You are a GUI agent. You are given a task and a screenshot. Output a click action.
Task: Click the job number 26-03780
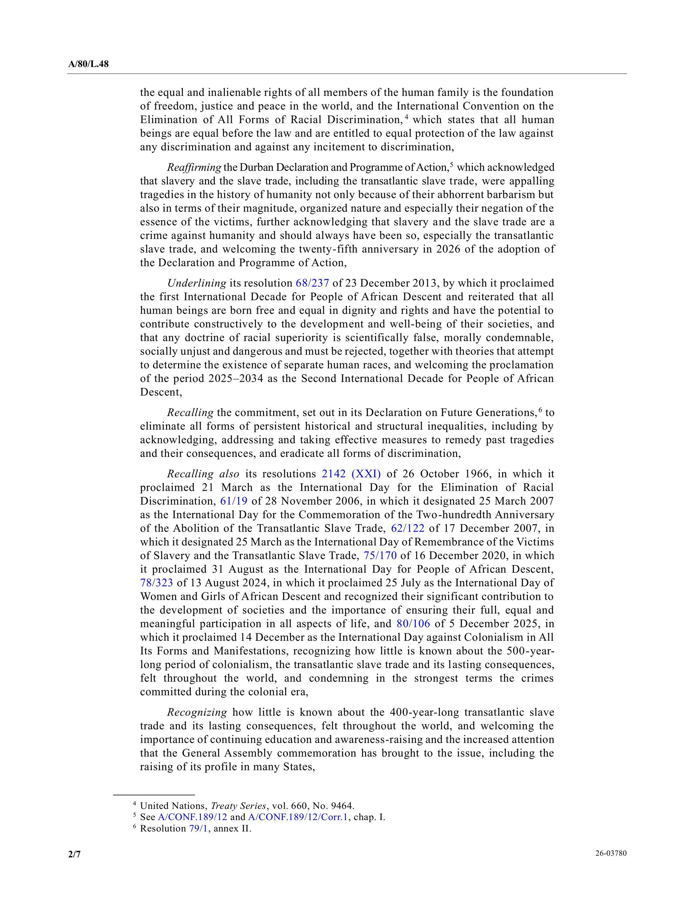tap(610, 853)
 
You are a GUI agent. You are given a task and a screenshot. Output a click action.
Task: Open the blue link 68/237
tap(312, 283)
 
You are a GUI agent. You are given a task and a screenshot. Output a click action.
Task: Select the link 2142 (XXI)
tap(351, 474)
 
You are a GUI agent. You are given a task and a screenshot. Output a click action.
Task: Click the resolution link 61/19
tap(234, 501)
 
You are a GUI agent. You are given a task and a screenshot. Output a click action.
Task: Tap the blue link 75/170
tap(380, 556)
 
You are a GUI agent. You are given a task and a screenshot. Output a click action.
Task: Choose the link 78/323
tap(157, 583)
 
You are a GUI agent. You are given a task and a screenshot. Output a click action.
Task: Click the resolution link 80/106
tap(413, 624)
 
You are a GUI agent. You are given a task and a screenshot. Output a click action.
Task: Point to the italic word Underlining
tap(196, 283)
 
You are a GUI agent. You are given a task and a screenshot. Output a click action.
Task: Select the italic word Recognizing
tap(197, 712)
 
